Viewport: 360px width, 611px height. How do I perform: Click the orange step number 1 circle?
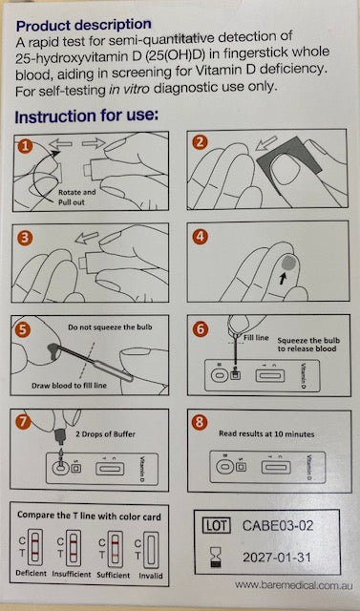point(25,146)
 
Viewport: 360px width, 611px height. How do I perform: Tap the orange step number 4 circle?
point(200,237)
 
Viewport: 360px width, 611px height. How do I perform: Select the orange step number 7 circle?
point(23,422)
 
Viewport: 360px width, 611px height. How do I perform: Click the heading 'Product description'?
point(84,26)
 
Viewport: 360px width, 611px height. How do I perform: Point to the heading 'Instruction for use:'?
point(87,116)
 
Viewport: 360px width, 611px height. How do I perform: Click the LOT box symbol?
point(216,526)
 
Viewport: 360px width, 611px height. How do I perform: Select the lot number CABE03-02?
point(278,526)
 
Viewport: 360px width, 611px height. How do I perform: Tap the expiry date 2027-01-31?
point(277,558)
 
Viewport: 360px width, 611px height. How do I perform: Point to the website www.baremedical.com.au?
point(294,585)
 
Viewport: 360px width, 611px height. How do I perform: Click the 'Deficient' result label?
point(32,573)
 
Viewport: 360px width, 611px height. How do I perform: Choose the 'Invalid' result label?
point(151,576)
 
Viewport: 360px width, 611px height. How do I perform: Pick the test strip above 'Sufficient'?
point(115,548)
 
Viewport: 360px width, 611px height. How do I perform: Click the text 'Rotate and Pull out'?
point(76,198)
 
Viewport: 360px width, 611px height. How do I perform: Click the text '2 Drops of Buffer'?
point(105,434)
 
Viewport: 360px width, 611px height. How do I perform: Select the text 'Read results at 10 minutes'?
point(266,433)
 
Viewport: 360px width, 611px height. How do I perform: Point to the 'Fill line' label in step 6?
point(256,337)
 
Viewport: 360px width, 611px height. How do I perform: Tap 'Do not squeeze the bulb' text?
point(110,327)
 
